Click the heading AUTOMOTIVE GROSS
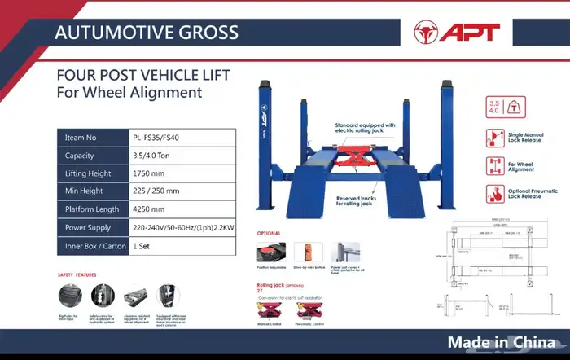point(146,33)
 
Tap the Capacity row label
point(80,156)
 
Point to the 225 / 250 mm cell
point(155,191)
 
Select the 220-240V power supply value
point(184,227)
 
